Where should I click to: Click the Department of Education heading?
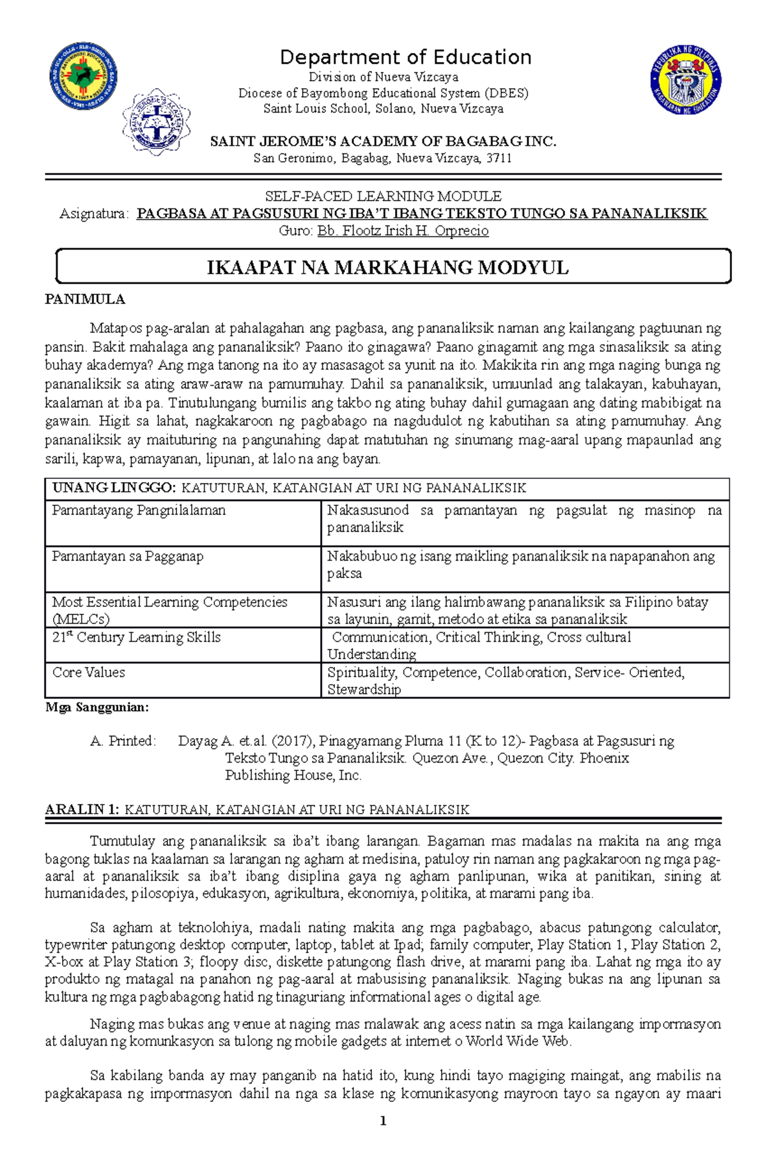click(x=405, y=57)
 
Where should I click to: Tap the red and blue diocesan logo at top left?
click(x=83, y=77)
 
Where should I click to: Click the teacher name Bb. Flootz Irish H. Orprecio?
click(x=403, y=231)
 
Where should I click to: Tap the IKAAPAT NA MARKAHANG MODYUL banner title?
click(x=387, y=268)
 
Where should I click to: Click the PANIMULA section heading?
click(x=84, y=300)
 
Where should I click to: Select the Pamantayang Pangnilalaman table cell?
click(x=139, y=510)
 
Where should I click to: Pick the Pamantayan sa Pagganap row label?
click(x=128, y=556)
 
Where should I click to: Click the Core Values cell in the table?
click(x=89, y=673)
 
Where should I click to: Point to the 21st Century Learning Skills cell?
click(x=136, y=637)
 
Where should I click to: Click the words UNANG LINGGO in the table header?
click(x=113, y=488)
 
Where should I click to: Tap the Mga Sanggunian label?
click(x=97, y=708)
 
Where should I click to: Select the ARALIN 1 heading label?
click(x=82, y=809)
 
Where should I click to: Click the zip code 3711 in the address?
click(x=499, y=158)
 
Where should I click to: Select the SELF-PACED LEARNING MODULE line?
click(x=383, y=196)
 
